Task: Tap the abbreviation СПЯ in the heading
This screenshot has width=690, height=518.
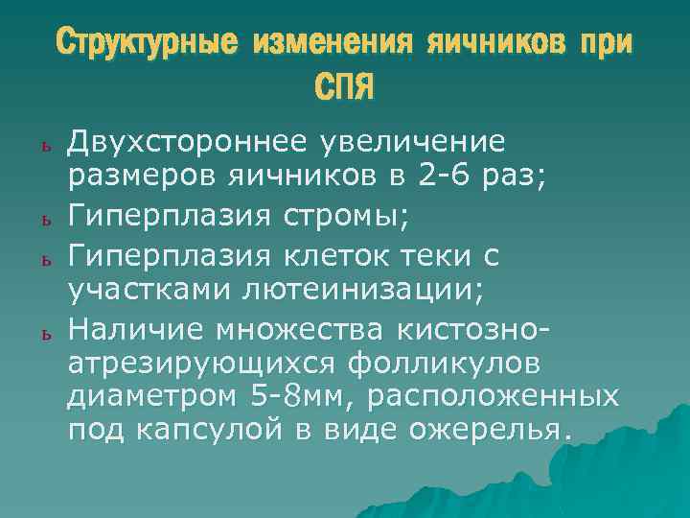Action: point(344,88)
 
